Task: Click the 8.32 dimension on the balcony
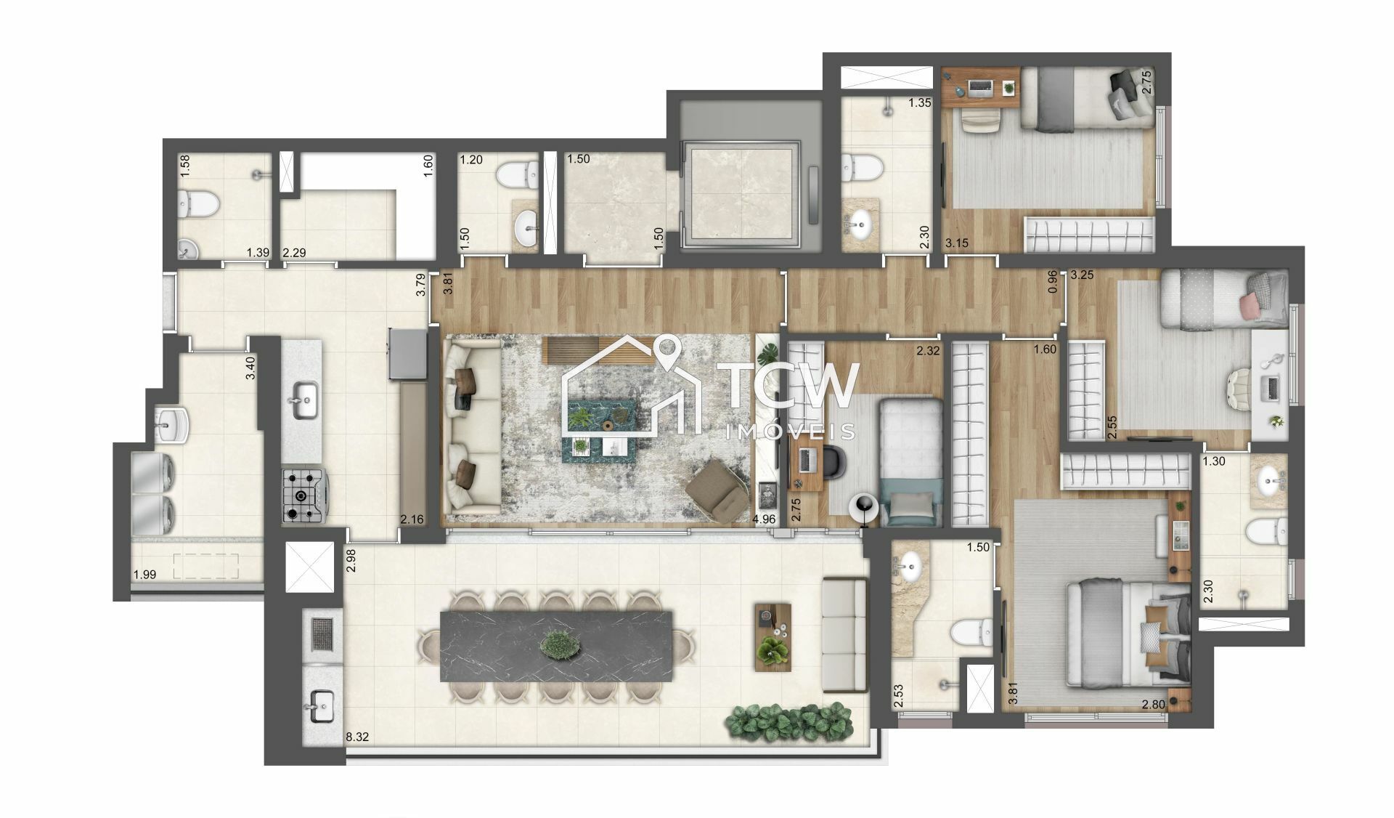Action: [x=357, y=737]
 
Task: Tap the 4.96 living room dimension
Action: [x=764, y=519]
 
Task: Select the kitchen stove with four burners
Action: [x=303, y=495]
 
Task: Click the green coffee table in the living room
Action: [x=600, y=429]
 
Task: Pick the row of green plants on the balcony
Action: [x=789, y=721]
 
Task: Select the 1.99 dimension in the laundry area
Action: [x=144, y=575]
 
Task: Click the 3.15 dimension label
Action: [x=957, y=243]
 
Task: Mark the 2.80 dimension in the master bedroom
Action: [x=1154, y=704]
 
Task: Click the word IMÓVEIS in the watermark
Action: [x=791, y=432]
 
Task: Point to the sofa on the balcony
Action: [x=844, y=634]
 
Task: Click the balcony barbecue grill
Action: [x=322, y=634]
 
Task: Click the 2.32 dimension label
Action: [x=928, y=351]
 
